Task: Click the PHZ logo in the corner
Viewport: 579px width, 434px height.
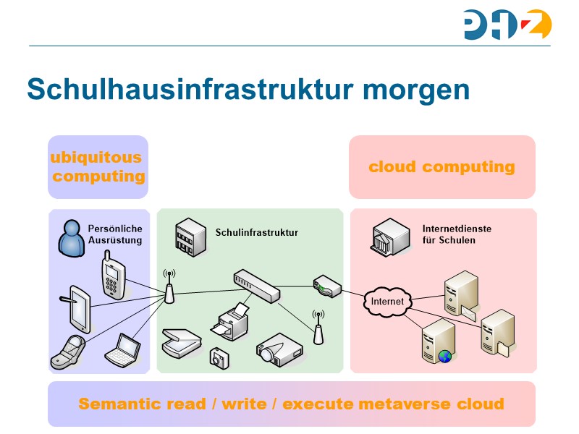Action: coord(507,25)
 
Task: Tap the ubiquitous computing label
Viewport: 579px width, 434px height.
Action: coord(98,167)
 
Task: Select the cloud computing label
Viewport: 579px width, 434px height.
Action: coord(441,167)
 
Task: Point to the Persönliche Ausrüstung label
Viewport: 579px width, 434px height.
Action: coord(115,234)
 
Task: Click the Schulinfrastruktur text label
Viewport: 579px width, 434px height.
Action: coord(257,232)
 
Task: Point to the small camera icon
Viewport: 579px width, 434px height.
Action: coord(219,357)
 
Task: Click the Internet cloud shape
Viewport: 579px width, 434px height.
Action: coord(387,302)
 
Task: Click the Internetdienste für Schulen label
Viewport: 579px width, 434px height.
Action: coord(457,234)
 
